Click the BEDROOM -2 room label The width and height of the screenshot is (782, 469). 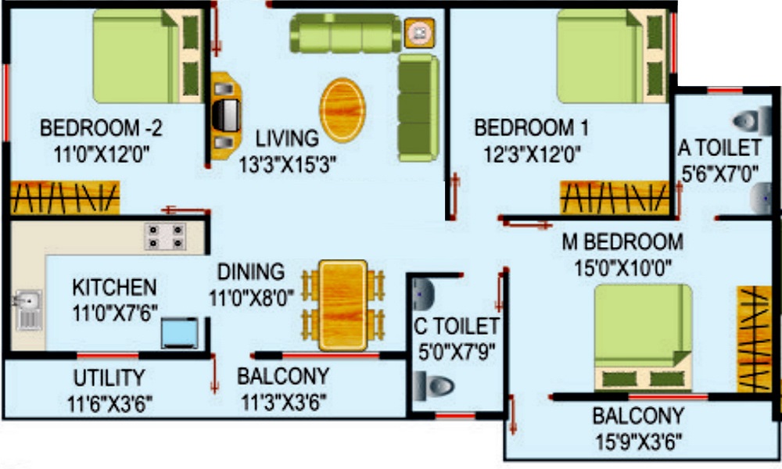point(101,128)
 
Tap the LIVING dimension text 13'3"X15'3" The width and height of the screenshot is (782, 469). point(288,164)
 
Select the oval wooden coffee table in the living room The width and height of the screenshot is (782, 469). point(343,110)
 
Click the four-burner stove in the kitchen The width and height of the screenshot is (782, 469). point(166,236)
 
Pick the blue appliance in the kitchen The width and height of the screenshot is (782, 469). point(180,333)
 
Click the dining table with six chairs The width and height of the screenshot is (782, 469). point(343,305)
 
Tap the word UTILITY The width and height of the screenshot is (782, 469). point(109,378)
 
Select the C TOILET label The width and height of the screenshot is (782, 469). point(457,327)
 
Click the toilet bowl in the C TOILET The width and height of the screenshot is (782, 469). point(434,386)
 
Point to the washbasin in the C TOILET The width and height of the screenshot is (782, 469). point(423,294)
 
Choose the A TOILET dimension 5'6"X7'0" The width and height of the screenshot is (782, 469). point(719,174)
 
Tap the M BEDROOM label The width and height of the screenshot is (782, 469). point(622,242)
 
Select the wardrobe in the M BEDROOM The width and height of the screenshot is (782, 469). point(755,338)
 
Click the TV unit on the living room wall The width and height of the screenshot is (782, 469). point(226,116)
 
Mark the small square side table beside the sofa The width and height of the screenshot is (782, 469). point(419,33)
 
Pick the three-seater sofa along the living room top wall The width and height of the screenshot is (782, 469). point(346,33)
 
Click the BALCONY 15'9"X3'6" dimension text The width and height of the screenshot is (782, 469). point(638,442)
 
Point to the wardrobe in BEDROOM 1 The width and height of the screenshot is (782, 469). point(615,197)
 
